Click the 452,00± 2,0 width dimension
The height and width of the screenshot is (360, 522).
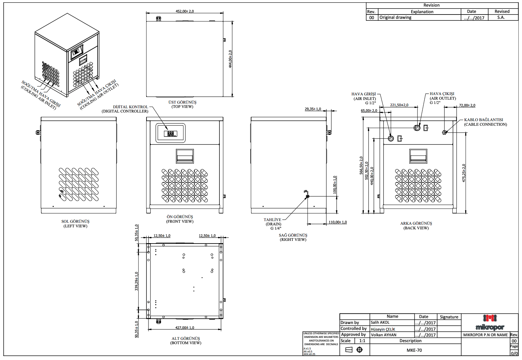[x=184, y=11]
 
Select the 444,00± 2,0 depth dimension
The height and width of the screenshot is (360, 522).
[x=230, y=59]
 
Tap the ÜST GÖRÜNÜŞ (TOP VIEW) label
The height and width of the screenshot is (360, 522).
[x=182, y=104]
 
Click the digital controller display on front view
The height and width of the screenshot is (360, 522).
[x=170, y=133]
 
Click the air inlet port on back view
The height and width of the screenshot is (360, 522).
[x=391, y=138]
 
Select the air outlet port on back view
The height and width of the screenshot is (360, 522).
[x=417, y=128]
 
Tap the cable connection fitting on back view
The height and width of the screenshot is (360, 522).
[x=444, y=132]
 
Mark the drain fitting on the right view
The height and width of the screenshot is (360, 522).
[x=308, y=196]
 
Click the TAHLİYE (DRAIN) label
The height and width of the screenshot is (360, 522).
[x=273, y=224]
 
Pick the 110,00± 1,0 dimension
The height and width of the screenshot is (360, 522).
[x=338, y=222]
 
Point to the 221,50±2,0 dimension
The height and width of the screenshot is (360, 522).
[x=399, y=105]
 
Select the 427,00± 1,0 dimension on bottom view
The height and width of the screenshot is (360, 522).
[x=184, y=328]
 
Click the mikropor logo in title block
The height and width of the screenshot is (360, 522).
[x=490, y=323]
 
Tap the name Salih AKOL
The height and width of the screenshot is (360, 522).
[x=380, y=322]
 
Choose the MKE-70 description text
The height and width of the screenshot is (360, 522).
[x=414, y=350]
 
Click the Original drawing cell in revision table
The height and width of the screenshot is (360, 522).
[x=395, y=17]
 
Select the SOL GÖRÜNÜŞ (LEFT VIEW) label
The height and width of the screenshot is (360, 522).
[x=75, y=224]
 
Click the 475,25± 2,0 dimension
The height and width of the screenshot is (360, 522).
[x=464, y=173]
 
